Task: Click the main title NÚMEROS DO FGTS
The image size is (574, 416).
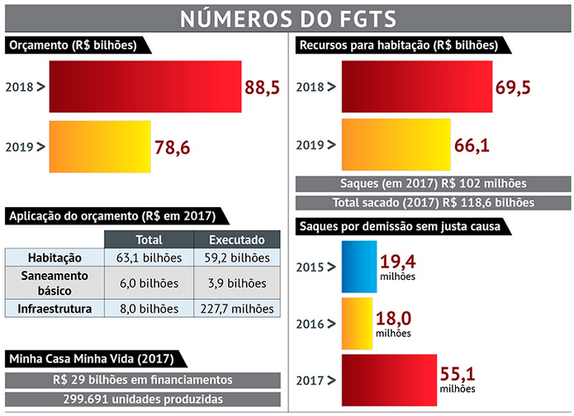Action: (287, 17)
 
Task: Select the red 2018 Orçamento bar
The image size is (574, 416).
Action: (145, 85)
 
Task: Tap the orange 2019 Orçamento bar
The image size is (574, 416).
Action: (100, 146)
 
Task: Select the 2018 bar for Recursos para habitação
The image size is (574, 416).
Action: (404, 85)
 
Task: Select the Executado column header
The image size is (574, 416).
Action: (236, 239)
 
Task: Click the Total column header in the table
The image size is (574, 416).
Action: (149, 239)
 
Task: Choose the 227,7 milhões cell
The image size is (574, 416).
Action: (236, 309)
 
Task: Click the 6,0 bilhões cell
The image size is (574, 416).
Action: (149, 282)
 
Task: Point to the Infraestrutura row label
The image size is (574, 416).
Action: (55, 309)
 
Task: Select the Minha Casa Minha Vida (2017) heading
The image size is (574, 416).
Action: (91, 360)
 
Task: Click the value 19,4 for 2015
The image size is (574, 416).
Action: (398, 262)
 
